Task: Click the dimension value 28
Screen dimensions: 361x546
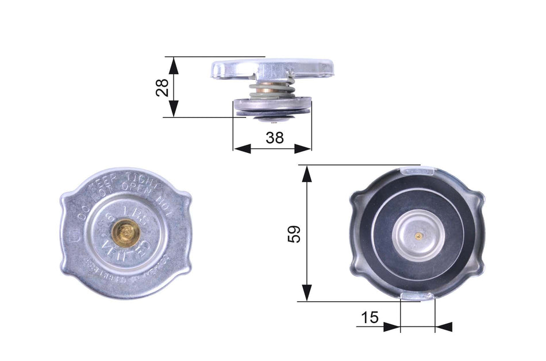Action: pos(163,87)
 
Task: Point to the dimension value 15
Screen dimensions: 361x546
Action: pos(370,317)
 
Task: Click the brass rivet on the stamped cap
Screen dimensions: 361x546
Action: pos(125,232)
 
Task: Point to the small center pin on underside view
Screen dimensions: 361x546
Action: pos(419,235)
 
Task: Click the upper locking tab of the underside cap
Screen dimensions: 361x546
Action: pos(417,170)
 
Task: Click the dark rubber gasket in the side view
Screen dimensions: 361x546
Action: pos(273,113)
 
